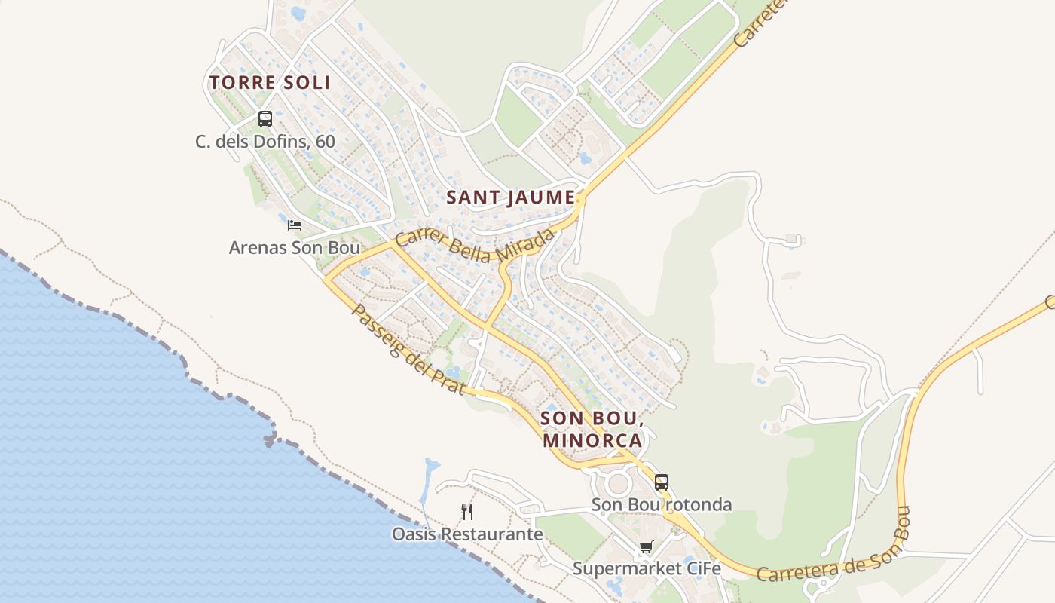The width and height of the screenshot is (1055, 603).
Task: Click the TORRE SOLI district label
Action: pos(270,82)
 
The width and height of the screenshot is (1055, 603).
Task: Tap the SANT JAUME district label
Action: pos(511,197)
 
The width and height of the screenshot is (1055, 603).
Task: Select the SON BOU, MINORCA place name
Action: pos(592,429)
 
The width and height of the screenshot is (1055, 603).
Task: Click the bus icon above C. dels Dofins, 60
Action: pos(265,118)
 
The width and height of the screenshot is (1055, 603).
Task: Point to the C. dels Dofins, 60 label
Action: pos(265,141)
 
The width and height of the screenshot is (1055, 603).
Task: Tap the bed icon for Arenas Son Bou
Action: pos(295,225)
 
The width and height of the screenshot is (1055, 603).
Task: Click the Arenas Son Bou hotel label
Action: pos(294,247)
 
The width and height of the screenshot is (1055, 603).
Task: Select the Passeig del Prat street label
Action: pos(407,349)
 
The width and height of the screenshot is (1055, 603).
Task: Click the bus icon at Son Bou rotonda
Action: pos(662,482)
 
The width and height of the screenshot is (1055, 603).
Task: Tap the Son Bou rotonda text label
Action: pos(662,504)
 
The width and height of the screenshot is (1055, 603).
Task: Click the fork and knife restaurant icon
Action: pos(467,512)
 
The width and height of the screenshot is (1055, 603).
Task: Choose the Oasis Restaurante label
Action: pos(467,534)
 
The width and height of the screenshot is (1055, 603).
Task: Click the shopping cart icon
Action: pos(646,546)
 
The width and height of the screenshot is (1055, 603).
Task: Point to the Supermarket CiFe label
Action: pos(647,568)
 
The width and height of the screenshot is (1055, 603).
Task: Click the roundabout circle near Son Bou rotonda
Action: pos(617,482)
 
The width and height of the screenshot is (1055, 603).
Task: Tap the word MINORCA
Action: pos(592,440)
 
